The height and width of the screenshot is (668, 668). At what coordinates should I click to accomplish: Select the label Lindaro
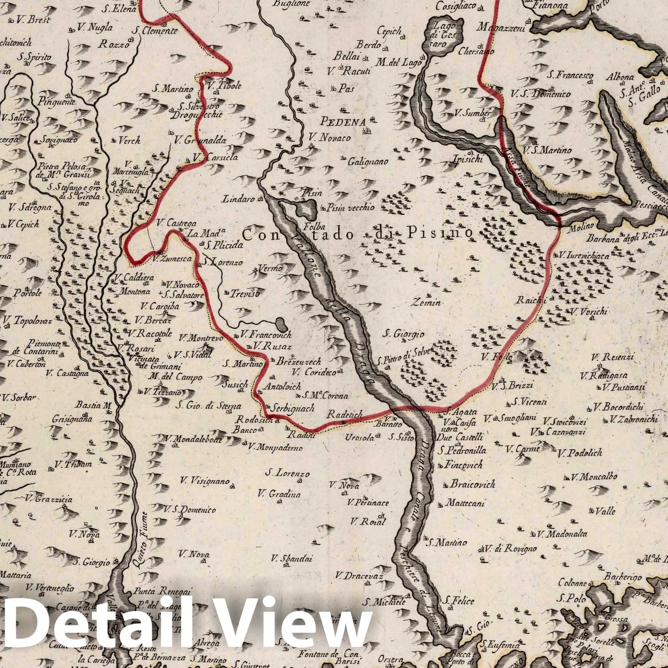pos(238,199)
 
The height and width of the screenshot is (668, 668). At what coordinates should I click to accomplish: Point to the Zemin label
pos(426,302)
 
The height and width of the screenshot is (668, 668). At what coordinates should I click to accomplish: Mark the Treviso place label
pos(245,294)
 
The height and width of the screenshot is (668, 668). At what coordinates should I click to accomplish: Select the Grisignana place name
pos(72,419)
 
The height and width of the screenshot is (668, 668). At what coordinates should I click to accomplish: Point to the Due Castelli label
pos(459,438)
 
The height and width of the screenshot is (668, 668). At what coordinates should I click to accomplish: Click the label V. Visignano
pos(205,481)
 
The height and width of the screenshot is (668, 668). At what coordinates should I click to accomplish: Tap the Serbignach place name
pos(292,409)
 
